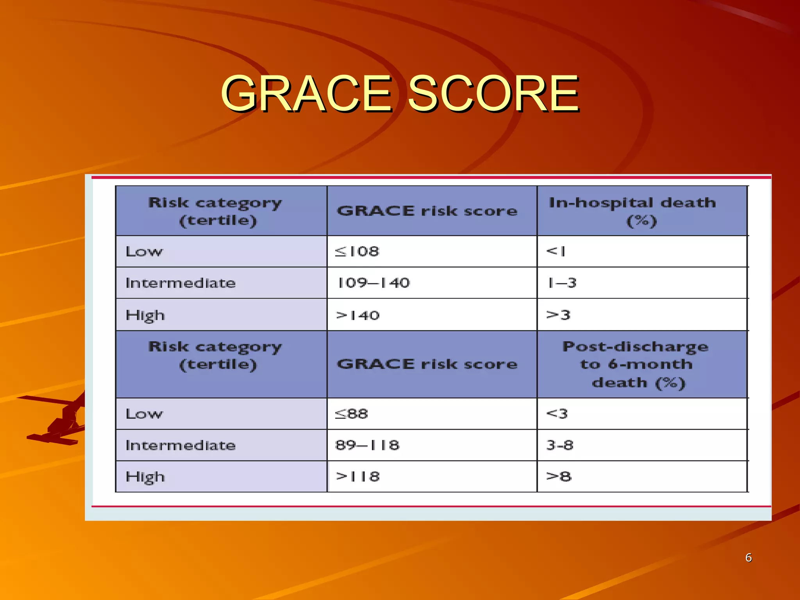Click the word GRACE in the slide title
click(307, 94)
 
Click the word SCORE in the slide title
click(493, 94)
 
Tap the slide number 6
click(748, 557)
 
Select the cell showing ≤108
click(357, 251)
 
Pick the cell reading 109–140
click(373, 283)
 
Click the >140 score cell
click(358, 315)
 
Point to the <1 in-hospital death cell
click(556, 251)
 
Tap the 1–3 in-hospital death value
click(562, 283)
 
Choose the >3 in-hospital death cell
click(559, 315)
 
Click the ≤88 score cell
click(352, 414)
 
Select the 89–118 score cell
click(367, 445)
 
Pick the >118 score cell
click(358, 477)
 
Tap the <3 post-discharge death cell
click(557, 414)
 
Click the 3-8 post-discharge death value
click(560, 445)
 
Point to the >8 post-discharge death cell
click(559, 477)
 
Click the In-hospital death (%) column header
click(633, 211)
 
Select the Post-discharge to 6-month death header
click(636, 364)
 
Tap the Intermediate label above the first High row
click(180, 283)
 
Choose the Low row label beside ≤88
click(144, 414)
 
